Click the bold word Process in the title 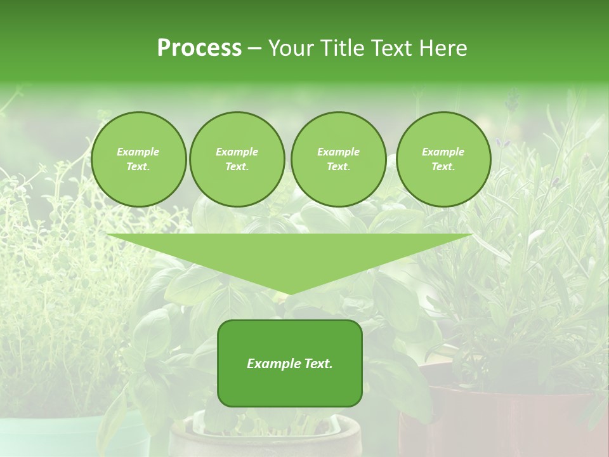[x=199, y=48]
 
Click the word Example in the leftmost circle [x=138, y=152]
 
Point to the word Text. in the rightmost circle [x=443, y=166]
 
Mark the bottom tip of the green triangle [x=290, y=294]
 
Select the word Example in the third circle [x=338, y=152]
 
